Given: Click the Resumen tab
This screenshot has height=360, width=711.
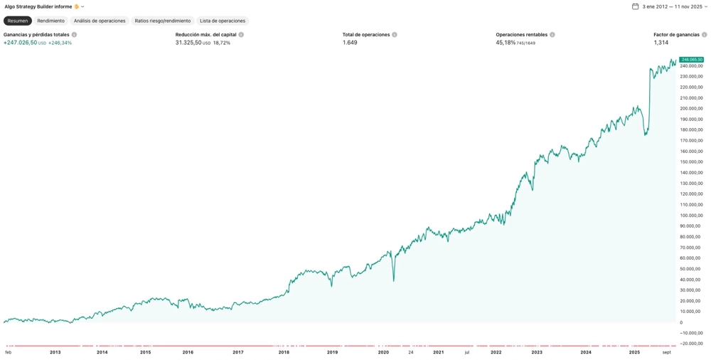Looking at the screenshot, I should click(x=18, y=21).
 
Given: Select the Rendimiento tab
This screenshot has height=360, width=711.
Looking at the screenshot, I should click(x=50, y=21).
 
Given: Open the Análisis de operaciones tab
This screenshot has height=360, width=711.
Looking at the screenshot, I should click(x=100, y=21).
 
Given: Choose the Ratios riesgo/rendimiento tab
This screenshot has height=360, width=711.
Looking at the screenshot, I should click(x=163, y=21).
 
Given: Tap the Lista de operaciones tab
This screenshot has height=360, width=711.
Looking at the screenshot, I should click(x=223, y=21).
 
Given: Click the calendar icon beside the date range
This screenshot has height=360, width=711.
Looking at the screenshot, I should click(x=635, y=6).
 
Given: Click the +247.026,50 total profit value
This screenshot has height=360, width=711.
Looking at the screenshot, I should click(x=21, y=43).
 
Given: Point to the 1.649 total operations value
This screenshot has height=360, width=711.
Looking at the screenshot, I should click(x=350, y=43).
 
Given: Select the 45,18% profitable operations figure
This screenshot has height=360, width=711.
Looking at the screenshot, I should click(x=506, y=43).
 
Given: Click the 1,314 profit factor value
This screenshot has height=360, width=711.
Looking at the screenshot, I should click(x=661, y=43).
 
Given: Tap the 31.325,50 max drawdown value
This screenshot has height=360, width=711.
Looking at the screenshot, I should click(x=188, y=43).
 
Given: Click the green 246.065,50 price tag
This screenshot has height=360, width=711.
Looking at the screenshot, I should click(x=691, y=60).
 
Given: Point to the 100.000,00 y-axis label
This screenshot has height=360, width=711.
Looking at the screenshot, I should click(x=691, y=215).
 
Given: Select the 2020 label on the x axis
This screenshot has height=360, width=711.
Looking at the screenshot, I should click(x=383, y=352).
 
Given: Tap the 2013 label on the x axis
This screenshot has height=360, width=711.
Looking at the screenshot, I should click(x=55, y=352).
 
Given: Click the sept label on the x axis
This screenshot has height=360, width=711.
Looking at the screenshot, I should click(x=666, y=352).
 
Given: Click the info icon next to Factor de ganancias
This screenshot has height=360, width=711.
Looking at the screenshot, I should click(x=705, y=35).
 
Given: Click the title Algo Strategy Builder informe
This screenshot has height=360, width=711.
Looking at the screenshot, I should click(x=38, y=6).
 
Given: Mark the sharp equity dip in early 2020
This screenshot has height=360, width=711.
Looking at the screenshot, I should click(x=393, y=280).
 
